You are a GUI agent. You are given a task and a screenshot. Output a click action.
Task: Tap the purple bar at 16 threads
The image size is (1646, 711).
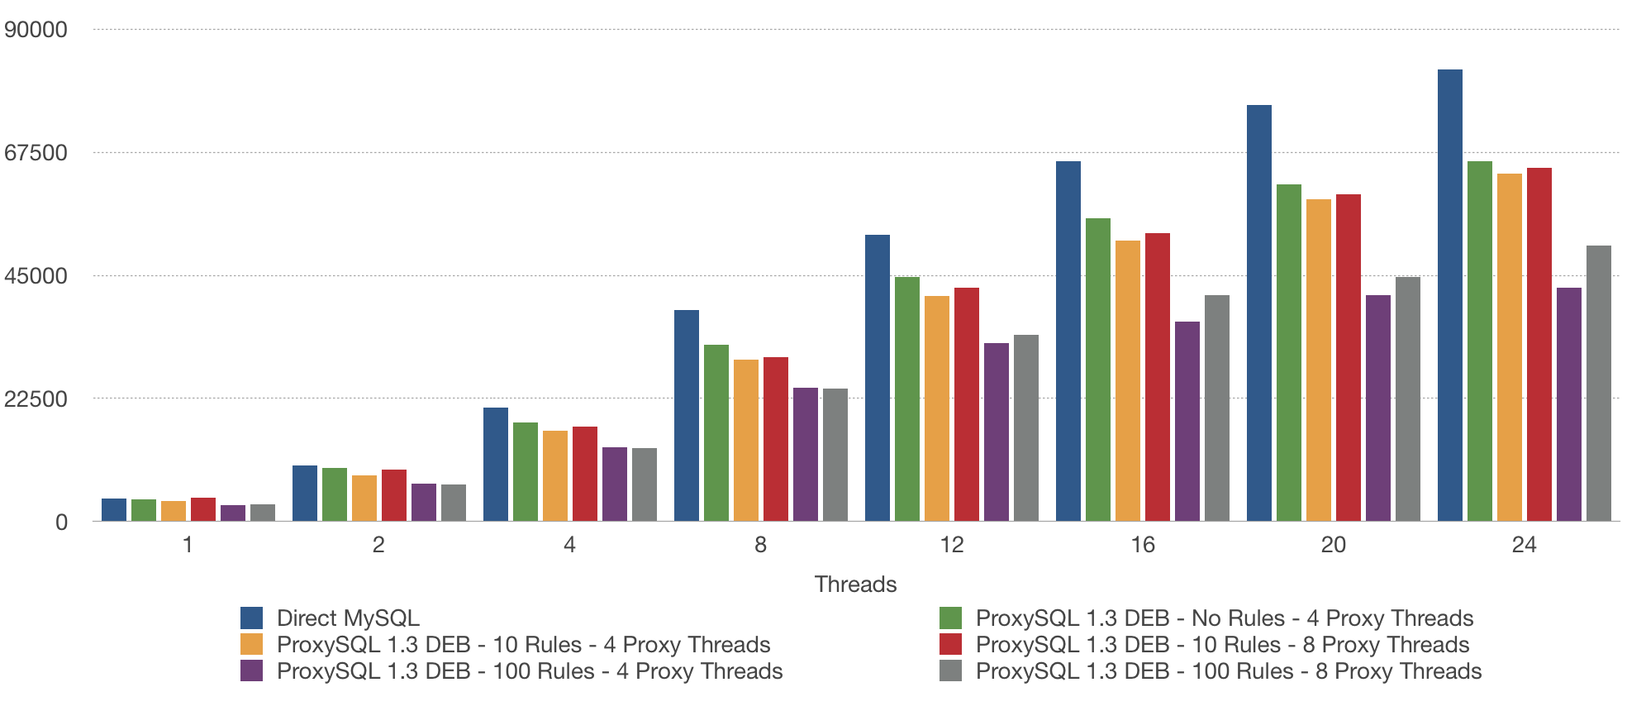tap(1187, 421)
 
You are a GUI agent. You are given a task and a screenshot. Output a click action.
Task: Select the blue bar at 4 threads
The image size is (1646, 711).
tap(496, 464)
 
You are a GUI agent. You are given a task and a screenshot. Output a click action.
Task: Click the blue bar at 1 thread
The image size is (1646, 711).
tap(114, 509)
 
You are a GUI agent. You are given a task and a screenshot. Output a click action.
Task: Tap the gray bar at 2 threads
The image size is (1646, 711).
tap(453, 503)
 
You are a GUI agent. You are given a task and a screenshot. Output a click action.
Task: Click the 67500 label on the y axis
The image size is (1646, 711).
tap(36, 153)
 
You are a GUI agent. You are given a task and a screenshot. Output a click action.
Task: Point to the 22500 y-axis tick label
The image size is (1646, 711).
tap(36, 398)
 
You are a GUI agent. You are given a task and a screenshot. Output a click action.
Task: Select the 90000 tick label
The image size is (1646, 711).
tap(36, 30)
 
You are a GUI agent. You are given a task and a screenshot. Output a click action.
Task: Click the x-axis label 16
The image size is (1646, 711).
tap(1142, 545)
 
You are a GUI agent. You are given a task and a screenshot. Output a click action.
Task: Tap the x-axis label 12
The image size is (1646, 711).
tap(951, 545)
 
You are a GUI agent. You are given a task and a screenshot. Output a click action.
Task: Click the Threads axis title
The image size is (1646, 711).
tap(855, 584)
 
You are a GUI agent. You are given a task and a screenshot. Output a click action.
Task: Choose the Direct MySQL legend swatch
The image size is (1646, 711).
tap(251, 618)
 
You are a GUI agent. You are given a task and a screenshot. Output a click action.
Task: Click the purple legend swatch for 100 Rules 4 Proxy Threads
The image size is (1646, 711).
tap(251, 670)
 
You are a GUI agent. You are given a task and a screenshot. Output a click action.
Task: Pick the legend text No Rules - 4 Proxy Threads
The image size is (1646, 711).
tap(1224, 618)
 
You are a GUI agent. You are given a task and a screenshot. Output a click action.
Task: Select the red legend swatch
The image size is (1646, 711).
tap(950, 644)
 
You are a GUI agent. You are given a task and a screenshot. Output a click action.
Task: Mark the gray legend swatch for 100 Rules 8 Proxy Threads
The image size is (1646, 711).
tap(950, 670)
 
